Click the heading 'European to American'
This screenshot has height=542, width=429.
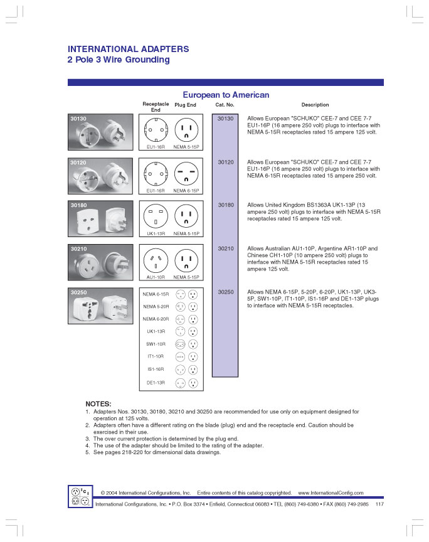point(226,95)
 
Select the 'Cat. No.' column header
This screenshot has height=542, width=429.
point(225,105)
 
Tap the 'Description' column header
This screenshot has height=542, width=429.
point(315,105)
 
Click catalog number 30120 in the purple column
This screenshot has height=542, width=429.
point(225,162)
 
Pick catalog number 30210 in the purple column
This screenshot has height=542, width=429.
point(225,249)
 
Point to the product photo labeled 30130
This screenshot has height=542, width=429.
point(101,132)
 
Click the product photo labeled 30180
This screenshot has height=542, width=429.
point(101,219)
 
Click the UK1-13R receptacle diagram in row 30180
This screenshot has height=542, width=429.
point(156,217)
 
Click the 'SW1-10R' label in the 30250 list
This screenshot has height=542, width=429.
point(156,344)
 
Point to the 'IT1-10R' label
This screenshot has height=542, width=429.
point(156,356)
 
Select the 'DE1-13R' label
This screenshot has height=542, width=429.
point(156,382)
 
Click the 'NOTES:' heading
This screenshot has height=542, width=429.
point(98,403)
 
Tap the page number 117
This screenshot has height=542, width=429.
point(379,504)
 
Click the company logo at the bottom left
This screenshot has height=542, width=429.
point(80,497)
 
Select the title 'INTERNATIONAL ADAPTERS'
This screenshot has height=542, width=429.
point(128,49)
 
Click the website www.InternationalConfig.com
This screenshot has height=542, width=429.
point(331,493)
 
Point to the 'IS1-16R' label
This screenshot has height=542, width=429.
point(156,369)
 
